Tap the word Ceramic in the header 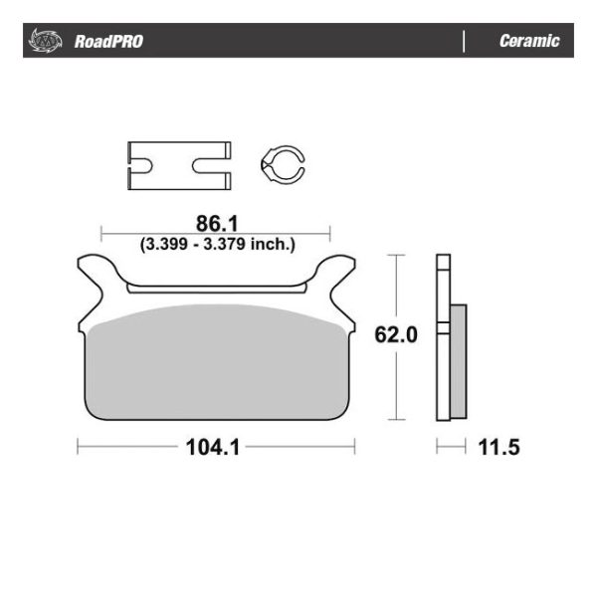point(529,42)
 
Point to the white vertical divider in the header point(465,42)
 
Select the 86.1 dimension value point(215,222)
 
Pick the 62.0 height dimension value point(394,334)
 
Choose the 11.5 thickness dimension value point(498,447)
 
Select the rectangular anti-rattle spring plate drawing point(179,166)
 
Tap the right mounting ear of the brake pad point(338,279)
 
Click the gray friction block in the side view point(458,360)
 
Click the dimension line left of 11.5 point(450,447)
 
